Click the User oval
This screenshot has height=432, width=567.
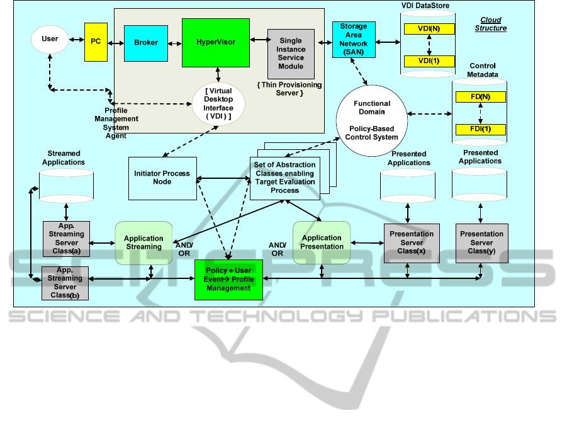(50, 40)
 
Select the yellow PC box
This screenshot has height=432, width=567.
(96, 42)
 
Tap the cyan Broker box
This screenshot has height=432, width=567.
(146, 43)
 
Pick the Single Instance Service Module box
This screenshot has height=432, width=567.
(291, 54)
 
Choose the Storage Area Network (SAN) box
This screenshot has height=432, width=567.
(354, 39)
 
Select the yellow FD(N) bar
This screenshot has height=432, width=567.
(480, 97)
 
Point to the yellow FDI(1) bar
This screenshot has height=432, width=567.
(480, 130)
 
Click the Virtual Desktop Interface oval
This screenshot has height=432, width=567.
(218, 104)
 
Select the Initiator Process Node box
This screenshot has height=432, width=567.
(162, 178)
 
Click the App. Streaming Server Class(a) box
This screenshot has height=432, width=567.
(66, 238)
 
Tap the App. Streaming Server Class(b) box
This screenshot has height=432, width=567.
(64, 283)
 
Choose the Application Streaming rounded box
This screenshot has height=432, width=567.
(143, 242)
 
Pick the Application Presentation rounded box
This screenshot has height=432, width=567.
(322, 242)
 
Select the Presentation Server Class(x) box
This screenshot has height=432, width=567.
(412, 242)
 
